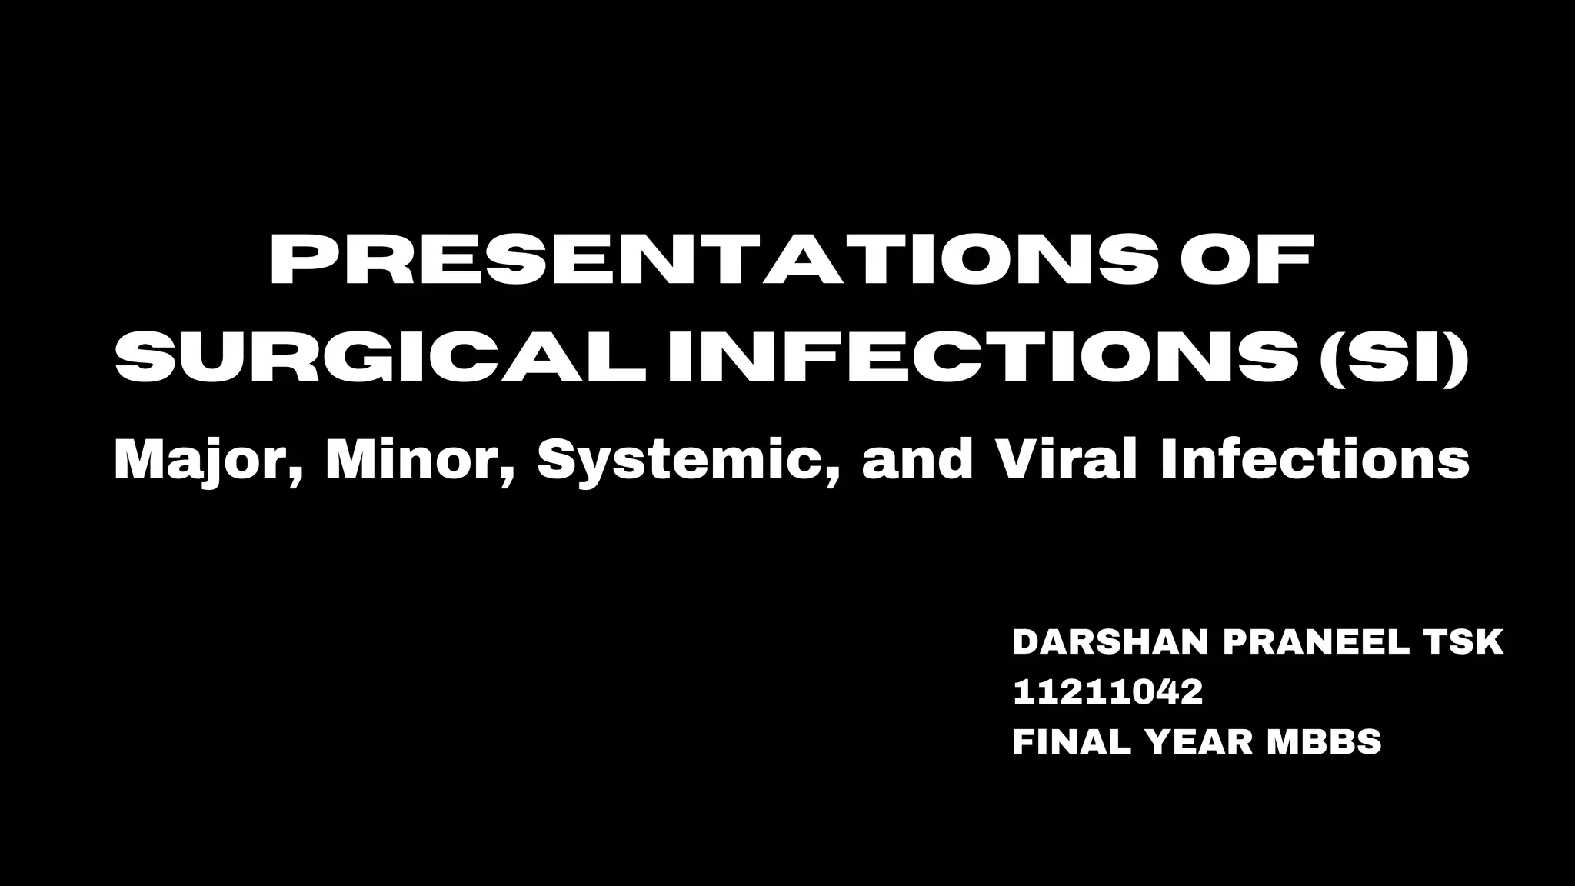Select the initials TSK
[x=1466, y=643]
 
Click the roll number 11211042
[x=1107, y=693]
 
